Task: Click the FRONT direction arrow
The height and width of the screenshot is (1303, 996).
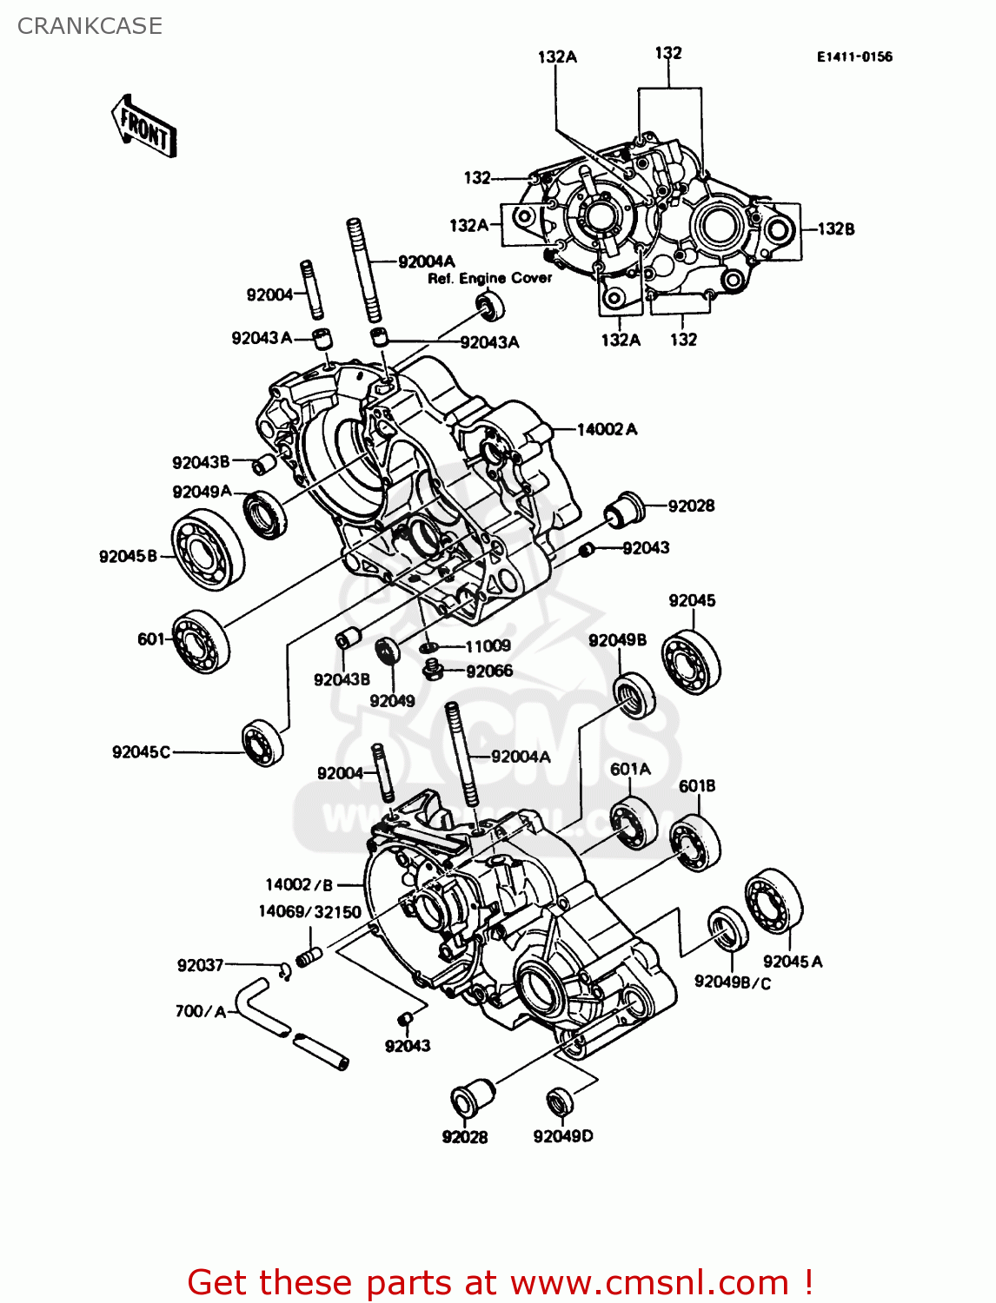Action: click(x=144, y=127)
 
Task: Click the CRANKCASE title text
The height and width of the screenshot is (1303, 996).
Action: click(x=90, y=26)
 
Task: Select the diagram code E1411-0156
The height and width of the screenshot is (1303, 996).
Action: click(x=853, y=57)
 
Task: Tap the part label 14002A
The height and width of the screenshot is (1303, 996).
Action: click(x=607, y=429)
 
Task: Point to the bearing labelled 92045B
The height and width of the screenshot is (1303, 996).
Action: click(x=207, y=550)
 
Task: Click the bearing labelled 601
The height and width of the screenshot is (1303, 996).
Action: click(x=200, y=642)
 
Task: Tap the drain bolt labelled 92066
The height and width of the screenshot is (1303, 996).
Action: click(x=433, y=670)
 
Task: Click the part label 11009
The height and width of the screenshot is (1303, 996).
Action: click(x=488, y=646)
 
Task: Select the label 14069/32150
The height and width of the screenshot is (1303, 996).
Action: click(x=309, y=911)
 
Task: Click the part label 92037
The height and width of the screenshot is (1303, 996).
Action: click(x=200, y=965)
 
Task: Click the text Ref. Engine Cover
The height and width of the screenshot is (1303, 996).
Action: click(x=489, y=278)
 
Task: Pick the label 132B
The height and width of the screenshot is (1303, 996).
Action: click(x=835, y=229)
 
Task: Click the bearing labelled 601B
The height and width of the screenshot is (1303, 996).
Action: click(x=695, y=842)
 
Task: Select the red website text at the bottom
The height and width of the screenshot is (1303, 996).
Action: click(x=500, y=1282)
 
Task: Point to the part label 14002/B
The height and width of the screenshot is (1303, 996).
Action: click(x=299, y=884)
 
